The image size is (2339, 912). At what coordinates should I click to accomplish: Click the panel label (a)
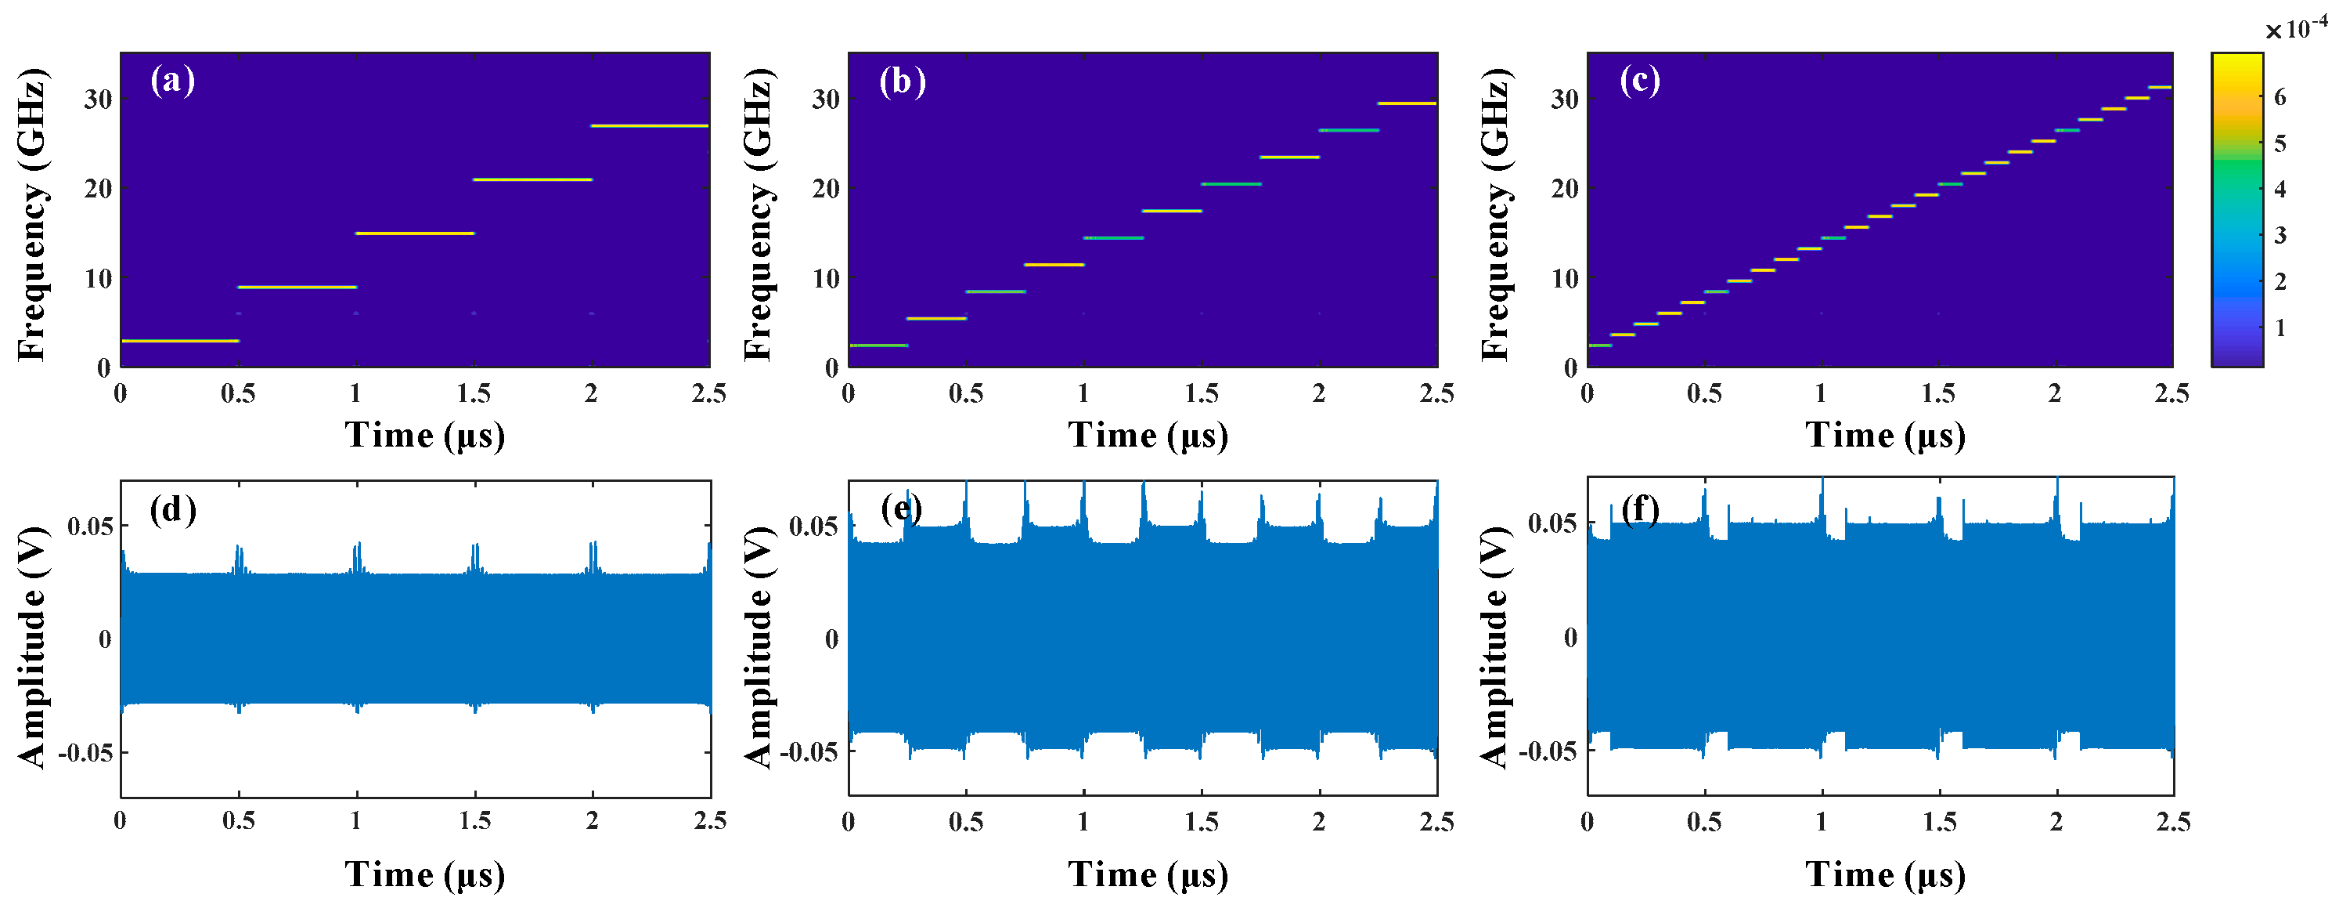point(172,81)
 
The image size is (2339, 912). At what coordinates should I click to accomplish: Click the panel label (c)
point(1640,81)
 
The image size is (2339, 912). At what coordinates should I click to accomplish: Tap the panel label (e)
point(902,509)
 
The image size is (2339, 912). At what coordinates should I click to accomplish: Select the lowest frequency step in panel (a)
point(179,341)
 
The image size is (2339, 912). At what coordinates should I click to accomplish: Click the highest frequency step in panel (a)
point(649,125)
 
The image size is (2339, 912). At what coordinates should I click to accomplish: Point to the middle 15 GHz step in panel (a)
point(414,233)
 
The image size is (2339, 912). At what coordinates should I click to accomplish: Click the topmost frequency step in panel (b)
point(1407,103)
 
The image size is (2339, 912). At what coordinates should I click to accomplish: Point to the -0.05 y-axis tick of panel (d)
point(86,753)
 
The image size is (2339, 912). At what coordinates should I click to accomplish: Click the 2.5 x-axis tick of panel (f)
point(2173,822)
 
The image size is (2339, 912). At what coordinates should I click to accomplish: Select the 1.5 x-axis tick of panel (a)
point(474,393)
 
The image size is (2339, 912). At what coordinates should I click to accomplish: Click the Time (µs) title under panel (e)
point(1148,874)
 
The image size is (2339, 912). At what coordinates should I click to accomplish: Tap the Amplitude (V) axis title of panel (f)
point(1494,646)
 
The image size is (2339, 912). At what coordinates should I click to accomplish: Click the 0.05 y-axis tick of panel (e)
point(813,526)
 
